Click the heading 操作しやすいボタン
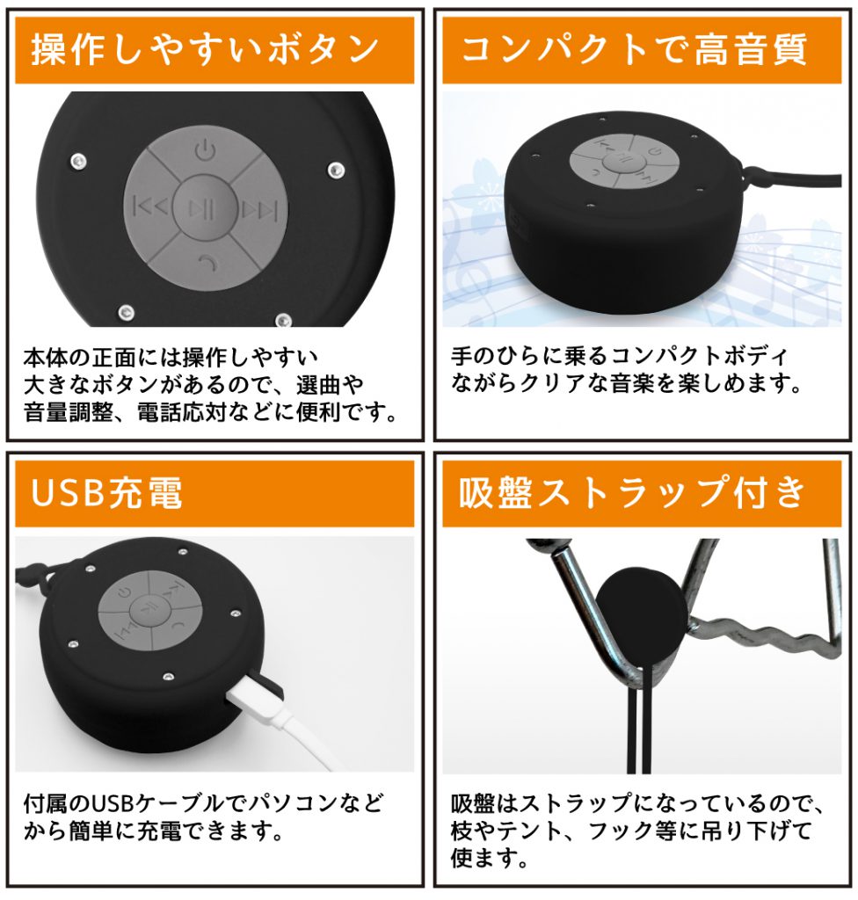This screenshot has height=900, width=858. coord(205,49)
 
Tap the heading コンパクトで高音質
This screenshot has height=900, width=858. coord(634,49)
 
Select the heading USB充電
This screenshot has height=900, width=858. coord(107,492)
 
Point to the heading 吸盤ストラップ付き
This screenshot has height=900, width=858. coord(632,492)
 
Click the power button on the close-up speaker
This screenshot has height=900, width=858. coord(205,151)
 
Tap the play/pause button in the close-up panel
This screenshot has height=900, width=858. coord(204,207)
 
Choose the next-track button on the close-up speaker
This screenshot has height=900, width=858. coord(259,209)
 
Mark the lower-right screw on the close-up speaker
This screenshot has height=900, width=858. coord(283,320)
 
